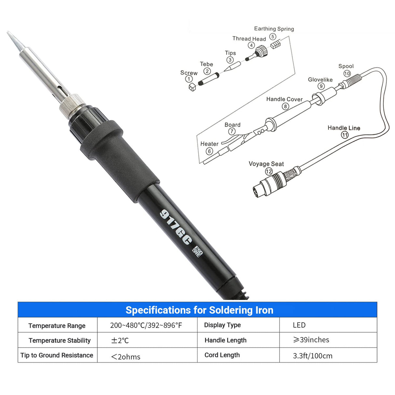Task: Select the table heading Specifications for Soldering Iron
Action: [x=199, y=310]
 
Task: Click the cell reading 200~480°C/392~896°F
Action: [x=146, y=325]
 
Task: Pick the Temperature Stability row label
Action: [x=60, y=340]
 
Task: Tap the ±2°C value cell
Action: [x=120, y=341]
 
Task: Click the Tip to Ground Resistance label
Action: [x=57, y=355]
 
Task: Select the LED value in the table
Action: [x=299, y=325]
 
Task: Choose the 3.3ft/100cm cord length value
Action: [x=313, y=356]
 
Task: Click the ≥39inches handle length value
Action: [x=311, y=340]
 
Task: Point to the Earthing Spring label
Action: [x=274, y=29]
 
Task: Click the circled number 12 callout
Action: [x=269, y=171]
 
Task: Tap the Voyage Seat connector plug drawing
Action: [x=270, y=184]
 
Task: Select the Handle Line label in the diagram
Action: [x=344, y=128]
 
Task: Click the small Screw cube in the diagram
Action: [x=192, y=87]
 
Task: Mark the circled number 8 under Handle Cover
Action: [x=285, y=106]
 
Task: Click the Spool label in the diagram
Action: [x=346, y=66]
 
